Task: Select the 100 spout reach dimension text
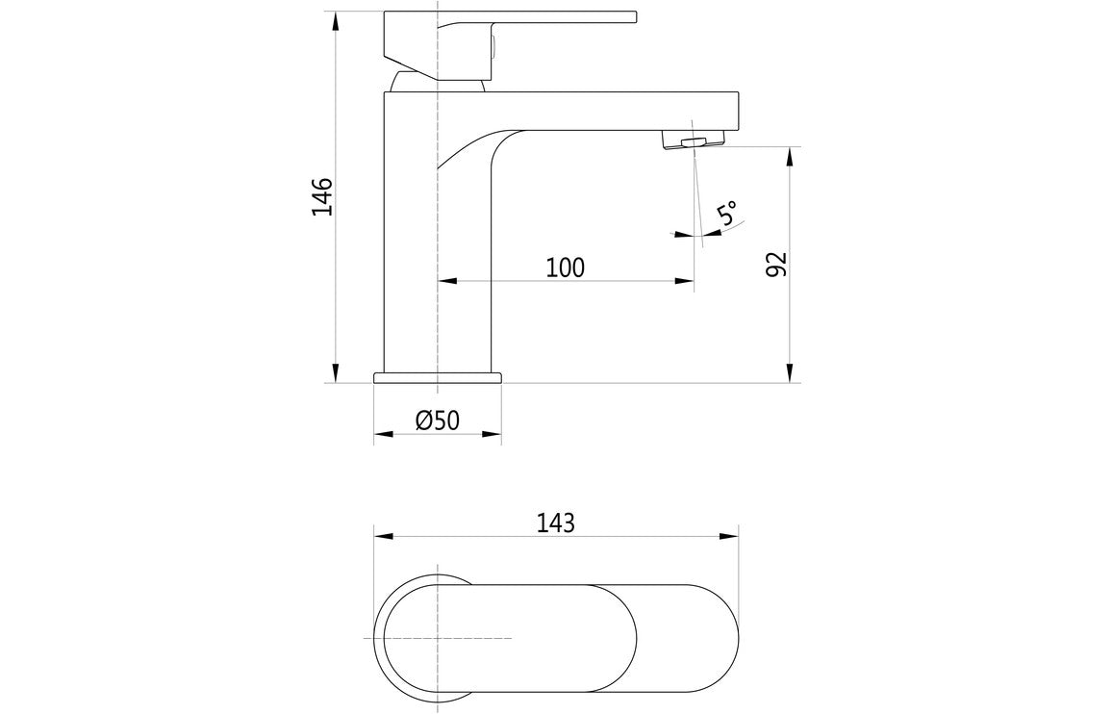tap(566, 268)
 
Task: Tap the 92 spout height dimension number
tap(777, 264)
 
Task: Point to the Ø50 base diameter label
tap(438, 421)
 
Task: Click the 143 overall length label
tap(556, 523)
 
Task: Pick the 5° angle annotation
tap(728, 214)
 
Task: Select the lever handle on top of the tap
tap(539, 17)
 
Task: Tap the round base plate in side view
tap(438, 377)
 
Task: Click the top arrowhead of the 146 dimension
tap(336, 21)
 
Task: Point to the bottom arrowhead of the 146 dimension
tap(336, 373)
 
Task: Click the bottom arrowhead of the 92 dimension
tap(790, 373)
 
